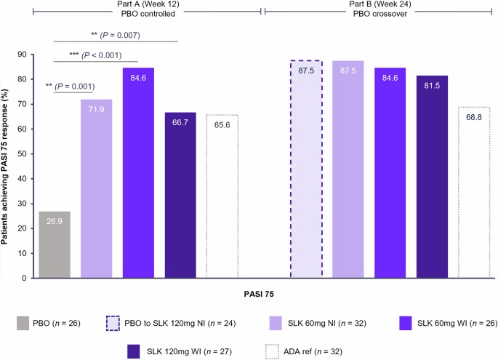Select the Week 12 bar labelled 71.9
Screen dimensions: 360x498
tap(96, 188)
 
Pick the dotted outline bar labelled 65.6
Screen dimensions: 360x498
tap(222, 196)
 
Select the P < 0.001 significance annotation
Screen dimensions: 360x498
tap(94, 55)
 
